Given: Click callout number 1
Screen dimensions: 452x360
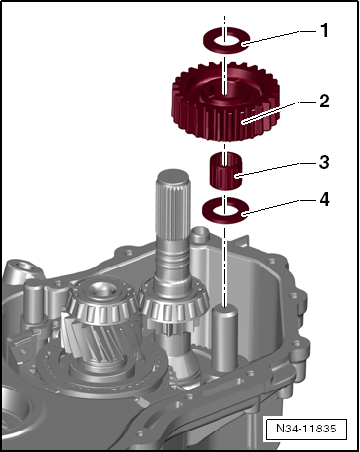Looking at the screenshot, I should (x=324, y=30).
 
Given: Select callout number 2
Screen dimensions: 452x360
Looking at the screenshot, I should (x=324, y=101).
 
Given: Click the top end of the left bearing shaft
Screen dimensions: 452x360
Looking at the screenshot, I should (x=99, y=286).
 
